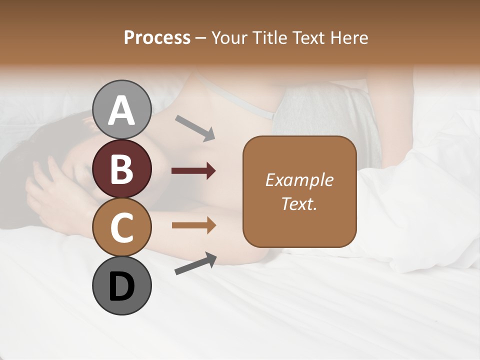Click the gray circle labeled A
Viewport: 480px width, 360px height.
122,109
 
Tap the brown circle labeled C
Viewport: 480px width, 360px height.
122,227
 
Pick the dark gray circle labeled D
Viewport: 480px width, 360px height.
122,285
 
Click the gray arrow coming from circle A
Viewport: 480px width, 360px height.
194,128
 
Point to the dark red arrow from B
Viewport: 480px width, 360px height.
193,171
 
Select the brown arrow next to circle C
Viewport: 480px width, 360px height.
193,225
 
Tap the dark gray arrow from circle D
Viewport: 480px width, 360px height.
195,264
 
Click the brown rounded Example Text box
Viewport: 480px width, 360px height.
299,192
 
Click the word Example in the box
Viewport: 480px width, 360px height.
299,180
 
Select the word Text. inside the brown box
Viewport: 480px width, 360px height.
299,203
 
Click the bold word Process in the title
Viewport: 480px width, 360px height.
157,37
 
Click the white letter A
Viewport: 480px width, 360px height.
122,110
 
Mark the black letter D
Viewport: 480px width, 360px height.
122,286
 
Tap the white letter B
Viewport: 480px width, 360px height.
122,169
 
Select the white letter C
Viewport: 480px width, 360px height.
122,227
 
